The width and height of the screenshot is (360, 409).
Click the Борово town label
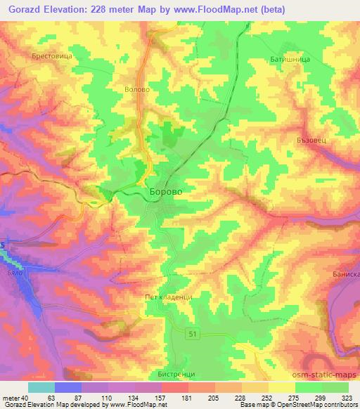pyautogui.click(x=169, y=191)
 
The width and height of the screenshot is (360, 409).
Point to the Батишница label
pyautogui.click(x=288, y=60)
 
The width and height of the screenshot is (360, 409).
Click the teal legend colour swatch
pyautogui.click(x=41, y=387)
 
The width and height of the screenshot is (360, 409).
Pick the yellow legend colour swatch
pyautogui.click(x=282, y=387)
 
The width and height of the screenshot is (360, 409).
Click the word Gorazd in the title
pyautogui.click(x=22, y=9)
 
